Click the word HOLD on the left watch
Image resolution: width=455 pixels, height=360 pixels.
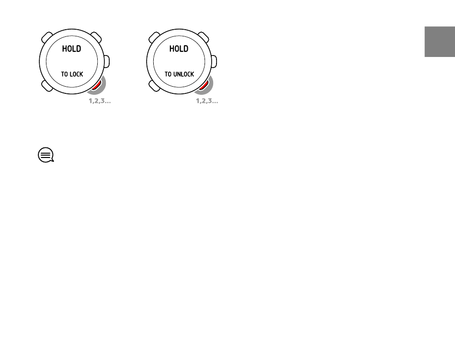click(x=71, y=49)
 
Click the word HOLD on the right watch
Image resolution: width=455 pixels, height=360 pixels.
click(x=179, y=49)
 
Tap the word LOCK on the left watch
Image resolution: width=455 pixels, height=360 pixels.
click(x=77, y=74)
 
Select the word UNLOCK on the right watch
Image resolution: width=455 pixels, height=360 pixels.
click(x=184, y=74)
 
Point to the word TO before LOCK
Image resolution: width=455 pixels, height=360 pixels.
click(x=65, y=74)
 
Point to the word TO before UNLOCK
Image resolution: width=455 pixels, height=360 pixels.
click(x=168, y=74)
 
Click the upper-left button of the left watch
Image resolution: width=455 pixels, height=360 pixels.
click(x=47, y=37)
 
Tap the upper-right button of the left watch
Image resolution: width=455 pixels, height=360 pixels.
click(x=96, y=37)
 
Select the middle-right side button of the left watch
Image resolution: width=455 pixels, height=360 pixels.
click(x=107, y=61)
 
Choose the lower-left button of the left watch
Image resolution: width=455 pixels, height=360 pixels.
click(x=47, y=86)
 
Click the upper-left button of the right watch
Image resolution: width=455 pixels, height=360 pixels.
click(x=154, y=37)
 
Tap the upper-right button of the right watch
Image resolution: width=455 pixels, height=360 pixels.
click(x=204, y=37)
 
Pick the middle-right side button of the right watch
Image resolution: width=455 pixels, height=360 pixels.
click(x=214, y=61)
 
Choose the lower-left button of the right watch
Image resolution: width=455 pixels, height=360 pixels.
click(x=154, y=86)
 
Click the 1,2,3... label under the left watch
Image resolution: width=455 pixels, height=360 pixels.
click(x=100, y=101)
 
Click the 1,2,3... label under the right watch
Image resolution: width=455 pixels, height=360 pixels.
click(x=207, y=101)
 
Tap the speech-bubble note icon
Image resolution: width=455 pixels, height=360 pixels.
click(x=46, y=155)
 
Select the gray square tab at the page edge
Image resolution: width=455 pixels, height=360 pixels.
click(x=440, y=42)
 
